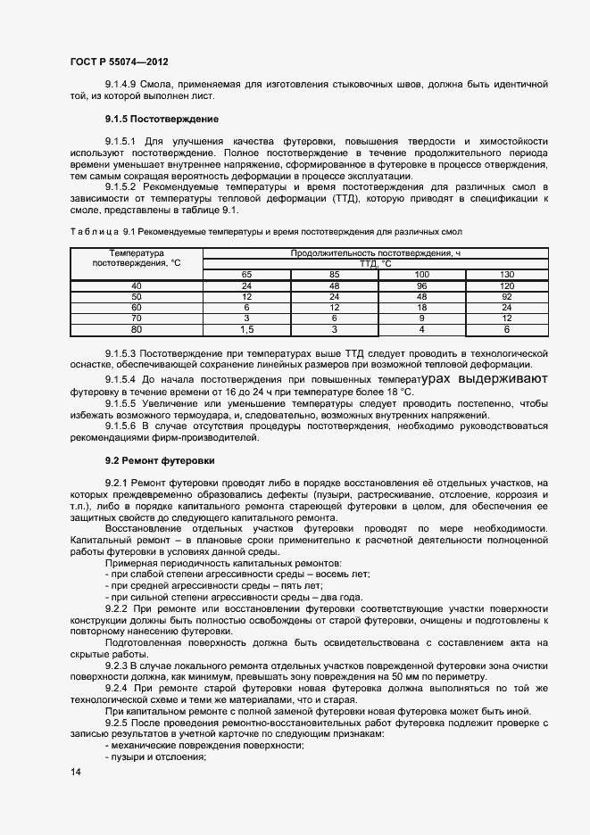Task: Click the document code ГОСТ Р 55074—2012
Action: point(119,62)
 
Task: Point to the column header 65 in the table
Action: point(246,273)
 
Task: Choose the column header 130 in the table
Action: point(506,273)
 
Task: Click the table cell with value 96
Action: point(422,285)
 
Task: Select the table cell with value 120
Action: point(506,285)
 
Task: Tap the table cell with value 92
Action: point(506,295)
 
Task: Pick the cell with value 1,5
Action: point(246,329)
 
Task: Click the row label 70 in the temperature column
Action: point(137,318)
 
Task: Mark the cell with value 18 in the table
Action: point(422,307)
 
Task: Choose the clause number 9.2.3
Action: point(117,666)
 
